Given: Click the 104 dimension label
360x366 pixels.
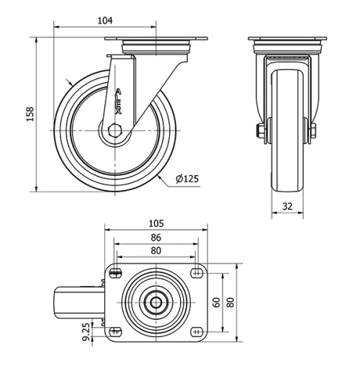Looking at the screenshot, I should (x=105, y=21).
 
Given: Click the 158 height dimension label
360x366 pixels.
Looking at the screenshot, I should (x=30, y=115).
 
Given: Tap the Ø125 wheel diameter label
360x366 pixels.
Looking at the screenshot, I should (x=186, y=178).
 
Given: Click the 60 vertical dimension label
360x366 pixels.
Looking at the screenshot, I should (x=216, y=302).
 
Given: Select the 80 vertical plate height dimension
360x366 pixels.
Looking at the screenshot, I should (x=230, y=302).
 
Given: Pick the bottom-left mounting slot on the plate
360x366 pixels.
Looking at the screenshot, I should (x=115, y=331).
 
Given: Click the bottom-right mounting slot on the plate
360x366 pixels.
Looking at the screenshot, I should (x=196, y=331).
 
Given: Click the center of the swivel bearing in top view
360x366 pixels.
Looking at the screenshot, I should (x=156, y=303).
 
